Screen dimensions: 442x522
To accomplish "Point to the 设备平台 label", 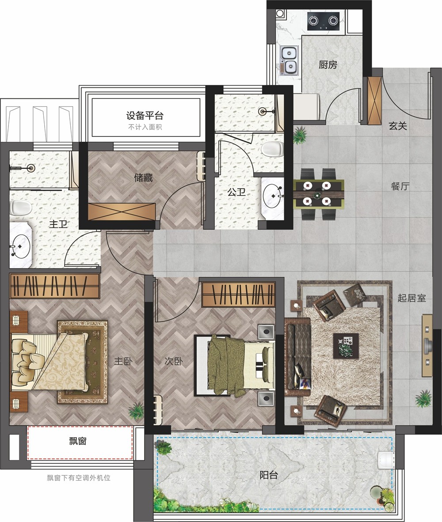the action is [145, 116].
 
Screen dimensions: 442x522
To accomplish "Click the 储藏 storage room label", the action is [143, 178].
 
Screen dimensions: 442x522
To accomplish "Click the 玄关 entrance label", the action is [398, 126].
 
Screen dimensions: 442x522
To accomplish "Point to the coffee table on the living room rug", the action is [346, 345].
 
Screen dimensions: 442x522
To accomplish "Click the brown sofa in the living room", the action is [297, 356].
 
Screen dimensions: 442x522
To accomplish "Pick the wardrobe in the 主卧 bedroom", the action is [55, 286].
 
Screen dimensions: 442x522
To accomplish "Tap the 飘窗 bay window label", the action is [78, 441].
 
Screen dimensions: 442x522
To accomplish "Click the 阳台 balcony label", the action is [268, 475].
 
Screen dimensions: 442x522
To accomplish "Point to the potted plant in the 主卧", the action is [136, 411].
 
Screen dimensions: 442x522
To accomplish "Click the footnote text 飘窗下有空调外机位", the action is [79, 478].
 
